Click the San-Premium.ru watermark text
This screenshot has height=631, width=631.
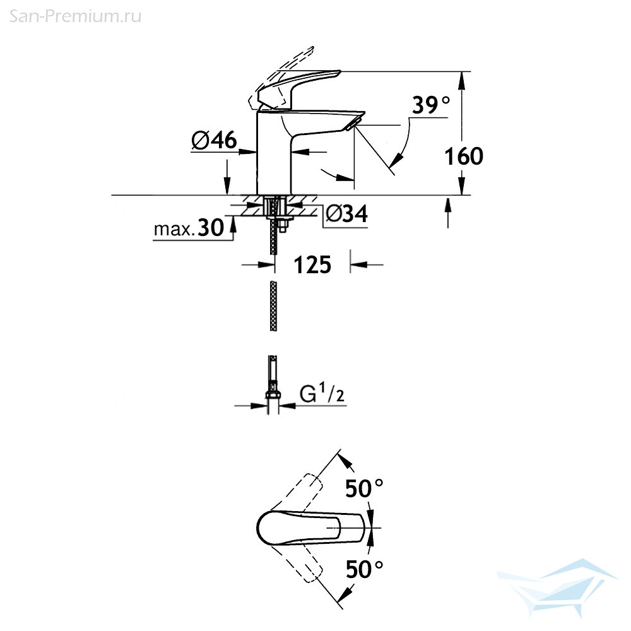click(x=75, y=16)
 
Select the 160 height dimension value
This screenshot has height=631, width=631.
click(x=464, y=156)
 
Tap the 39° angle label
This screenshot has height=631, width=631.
click(x=431, y=105)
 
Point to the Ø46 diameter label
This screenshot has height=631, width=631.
click(x=215, y=141)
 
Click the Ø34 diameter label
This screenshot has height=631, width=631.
click(x=346, y=213)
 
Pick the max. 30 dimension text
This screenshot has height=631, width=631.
click(x=189, y=228)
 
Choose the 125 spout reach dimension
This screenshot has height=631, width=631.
click(x=312, y=265)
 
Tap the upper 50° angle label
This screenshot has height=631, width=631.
click(x=364, y=488)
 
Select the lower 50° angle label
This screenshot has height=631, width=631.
click(x=364, y=569)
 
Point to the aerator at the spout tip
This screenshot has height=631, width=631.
click(x=353, y=123)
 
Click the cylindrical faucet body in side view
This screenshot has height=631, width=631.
click(x=274, y=153)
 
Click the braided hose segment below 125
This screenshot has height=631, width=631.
click(x=273, y=306)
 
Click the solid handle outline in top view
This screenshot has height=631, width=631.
click(x=310, y=528)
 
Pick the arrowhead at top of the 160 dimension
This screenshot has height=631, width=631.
click(x=461, y=81)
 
